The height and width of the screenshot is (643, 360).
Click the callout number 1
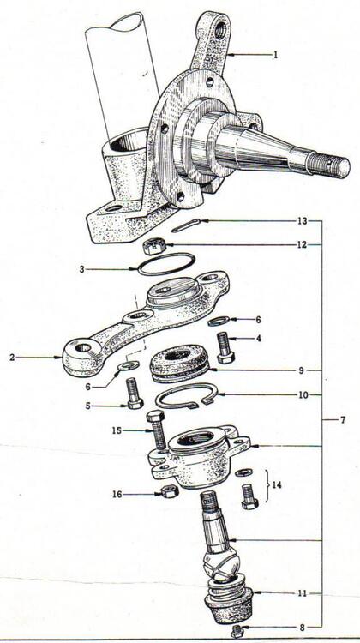[x=275, y=55]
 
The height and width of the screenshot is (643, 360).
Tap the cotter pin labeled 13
[x=186, y=225]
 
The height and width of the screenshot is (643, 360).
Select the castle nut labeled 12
[x=154, y=247]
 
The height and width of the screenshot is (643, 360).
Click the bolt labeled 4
[x=224, y=347]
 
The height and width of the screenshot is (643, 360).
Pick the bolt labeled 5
[x=134, y=393]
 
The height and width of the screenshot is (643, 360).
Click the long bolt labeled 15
[x=158, y=430]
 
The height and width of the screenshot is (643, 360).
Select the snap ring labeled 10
[x=187, y=397]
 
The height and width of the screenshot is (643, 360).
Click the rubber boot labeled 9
[x=180, y=363]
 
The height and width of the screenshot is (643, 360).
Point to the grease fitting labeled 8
[x=237, y=631]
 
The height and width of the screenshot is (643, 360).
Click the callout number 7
[x=343, y=420]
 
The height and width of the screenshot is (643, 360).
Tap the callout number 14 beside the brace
[x=277, y=484]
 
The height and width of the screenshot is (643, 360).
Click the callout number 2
[x=12, y=358]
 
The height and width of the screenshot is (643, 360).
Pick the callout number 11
[x=303, y=593]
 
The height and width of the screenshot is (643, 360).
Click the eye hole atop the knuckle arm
[x=219, y=30]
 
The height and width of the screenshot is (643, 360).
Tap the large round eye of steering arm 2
[x=81, y=349]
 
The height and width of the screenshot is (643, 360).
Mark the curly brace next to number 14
[x=267, y=485]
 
